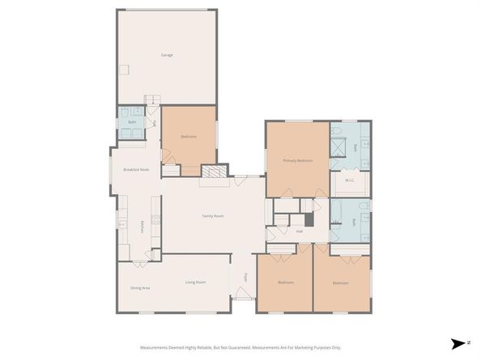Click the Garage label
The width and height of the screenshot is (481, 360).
167,55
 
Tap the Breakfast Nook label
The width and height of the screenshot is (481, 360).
135,169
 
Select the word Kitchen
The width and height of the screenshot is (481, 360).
142,227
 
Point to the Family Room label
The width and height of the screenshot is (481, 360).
213,216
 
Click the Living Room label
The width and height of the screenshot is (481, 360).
195,282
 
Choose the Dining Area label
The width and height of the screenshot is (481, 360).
140,287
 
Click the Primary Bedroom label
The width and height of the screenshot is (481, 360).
297,161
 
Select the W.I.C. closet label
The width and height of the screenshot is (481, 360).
350,180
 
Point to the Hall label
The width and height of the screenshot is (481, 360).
299,231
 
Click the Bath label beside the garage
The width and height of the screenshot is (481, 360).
132,122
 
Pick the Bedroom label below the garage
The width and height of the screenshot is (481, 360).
189,137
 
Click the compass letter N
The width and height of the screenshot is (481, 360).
469,343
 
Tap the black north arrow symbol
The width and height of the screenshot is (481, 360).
458,343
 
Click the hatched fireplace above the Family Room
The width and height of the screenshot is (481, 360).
214,171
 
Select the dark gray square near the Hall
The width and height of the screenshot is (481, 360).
309,219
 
